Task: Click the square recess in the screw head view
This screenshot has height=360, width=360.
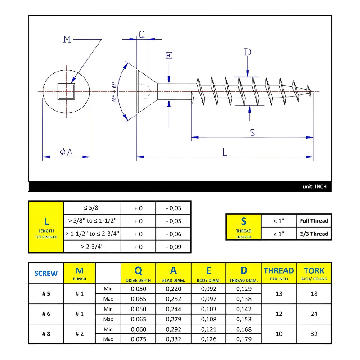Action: pyautogui.click(x=66, y=91)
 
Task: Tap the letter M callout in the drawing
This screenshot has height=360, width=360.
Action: pyautogui.click(x=67, y=40)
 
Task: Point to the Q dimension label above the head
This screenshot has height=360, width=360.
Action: pyautogui.click(x=142, y=35)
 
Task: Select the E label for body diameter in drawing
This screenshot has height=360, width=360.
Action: pyautogui.click(x=169, y=56)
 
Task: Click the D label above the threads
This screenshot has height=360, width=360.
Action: pyautogui.click(x=247, y=52)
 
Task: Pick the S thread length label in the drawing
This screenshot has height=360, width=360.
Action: pyautogui.click(x=252, y=132)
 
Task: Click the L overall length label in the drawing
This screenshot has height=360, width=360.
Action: pyautogui.click(x=225, y=153)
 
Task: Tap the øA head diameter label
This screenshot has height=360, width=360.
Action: pyautogui.click(x=66, y=153)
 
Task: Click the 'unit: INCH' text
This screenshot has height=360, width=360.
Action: pyautogui.click(x=314, y=186)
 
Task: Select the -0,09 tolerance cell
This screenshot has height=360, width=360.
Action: pyautogui.click(x=173, y=247)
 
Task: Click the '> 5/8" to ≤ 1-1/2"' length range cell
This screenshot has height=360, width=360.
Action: pyautogui.click(x=92, y=221)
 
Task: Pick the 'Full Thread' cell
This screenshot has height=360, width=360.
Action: pyautogui.click(x=314, y=221)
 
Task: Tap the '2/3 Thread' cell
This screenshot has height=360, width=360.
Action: pyautogui.click(x=314, y=234)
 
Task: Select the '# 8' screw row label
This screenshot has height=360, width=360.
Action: pyautogui.click(x=46, y=334)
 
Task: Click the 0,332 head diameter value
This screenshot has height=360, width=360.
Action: pyautogui.click(x=173, y=339)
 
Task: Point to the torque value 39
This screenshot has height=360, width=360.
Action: pyautogui.click(x=314, y=334)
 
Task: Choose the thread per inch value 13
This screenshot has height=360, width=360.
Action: pyautogui.click(x=279, y=293)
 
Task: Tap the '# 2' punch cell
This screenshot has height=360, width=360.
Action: pyautogui.click(x=80, y=334)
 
